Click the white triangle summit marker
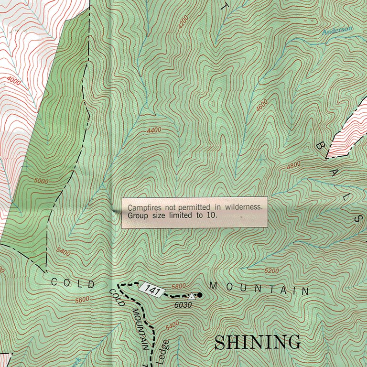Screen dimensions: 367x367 192,296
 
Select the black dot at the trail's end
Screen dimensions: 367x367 200,295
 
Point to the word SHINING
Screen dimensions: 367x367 258,342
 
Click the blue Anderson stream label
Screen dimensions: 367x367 336,31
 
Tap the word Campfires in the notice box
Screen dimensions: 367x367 143,207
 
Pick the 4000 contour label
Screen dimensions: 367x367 14,82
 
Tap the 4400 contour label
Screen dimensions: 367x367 154,130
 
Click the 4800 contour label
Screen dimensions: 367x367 293,165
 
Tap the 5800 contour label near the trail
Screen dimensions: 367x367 178,286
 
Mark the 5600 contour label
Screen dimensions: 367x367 82,300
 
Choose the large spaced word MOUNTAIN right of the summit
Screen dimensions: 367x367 259,288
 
